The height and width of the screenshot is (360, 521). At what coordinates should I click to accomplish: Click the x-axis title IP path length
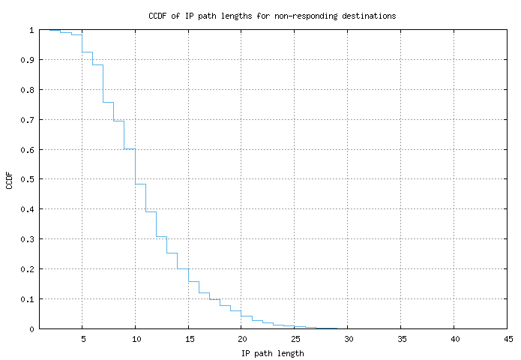(272, 353)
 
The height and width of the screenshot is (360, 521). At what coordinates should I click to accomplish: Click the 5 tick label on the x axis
(82, 339)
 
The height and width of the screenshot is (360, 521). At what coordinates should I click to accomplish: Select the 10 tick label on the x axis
(135, 339)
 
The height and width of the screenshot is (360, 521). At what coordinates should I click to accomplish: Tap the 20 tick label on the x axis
(241, 339)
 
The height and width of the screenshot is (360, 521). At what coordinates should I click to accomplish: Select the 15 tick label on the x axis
(188, 339)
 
